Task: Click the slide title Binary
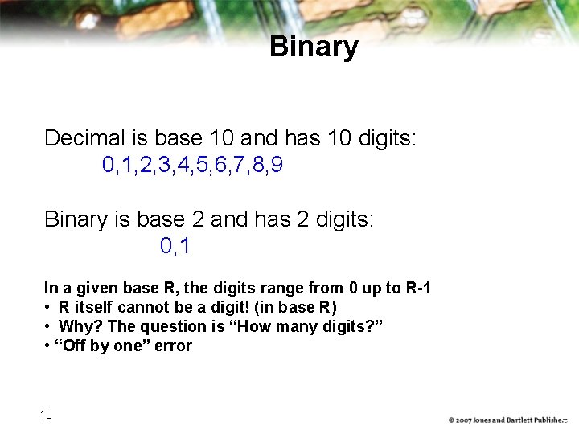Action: click(314, 47)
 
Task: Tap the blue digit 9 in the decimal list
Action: click(277, 166)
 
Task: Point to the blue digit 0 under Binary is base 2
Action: click(166, 246)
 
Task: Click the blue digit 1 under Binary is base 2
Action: click(186, 246)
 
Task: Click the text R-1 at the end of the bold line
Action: click(416, 288)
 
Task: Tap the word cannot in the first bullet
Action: click(142, 307)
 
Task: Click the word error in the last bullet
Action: click(174, 346)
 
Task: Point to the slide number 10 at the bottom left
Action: click(46, 415)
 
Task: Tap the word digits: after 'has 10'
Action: click(384, 138)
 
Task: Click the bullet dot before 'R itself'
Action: click(48, 308)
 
